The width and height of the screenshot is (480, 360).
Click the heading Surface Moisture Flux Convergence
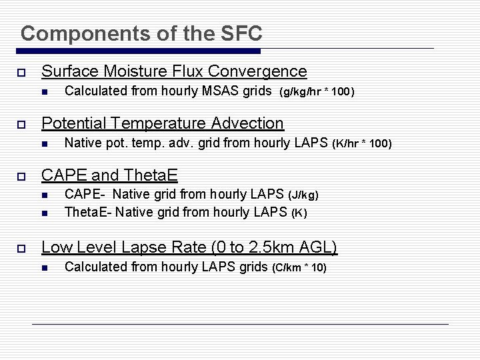click(174, 71)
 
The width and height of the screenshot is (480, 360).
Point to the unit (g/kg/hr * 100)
click(316, 91)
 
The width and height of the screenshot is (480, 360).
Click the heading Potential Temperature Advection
click(163, 123)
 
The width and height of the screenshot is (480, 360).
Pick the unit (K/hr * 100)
click(362, 143)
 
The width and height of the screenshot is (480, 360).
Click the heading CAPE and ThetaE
click(109, 175)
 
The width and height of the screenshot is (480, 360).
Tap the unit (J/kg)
click(303, 195)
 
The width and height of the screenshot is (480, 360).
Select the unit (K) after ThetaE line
click(299, 213)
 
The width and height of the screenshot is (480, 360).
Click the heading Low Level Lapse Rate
click(189, 247)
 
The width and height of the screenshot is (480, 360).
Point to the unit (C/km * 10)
click(299, 267)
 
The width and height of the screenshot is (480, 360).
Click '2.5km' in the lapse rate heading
click(265, 247)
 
